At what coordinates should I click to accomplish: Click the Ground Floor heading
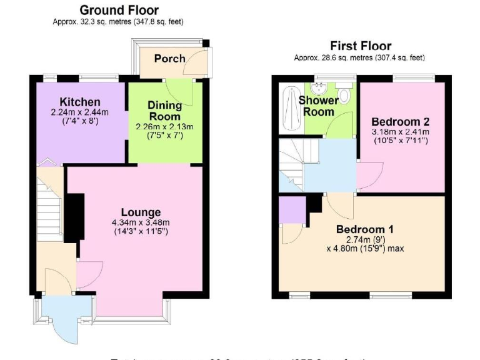click(119, 10)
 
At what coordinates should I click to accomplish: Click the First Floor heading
click(360, 46)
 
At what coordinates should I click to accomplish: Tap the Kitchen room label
click(79, 102)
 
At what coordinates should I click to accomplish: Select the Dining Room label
click(164, 111)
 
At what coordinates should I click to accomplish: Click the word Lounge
click(141, 212)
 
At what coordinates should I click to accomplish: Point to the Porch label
click(169, 58)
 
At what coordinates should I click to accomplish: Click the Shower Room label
click(318, 106)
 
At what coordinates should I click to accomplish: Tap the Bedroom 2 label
click(400, 121)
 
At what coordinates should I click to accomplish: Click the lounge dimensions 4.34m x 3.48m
click(141, 222)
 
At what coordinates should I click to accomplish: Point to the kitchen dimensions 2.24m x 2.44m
click(79, 112)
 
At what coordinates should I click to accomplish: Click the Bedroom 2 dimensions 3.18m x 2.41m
click(400, 132)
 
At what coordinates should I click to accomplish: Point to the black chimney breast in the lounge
click(75, 216)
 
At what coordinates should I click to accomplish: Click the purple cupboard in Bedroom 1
click(290, 209)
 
